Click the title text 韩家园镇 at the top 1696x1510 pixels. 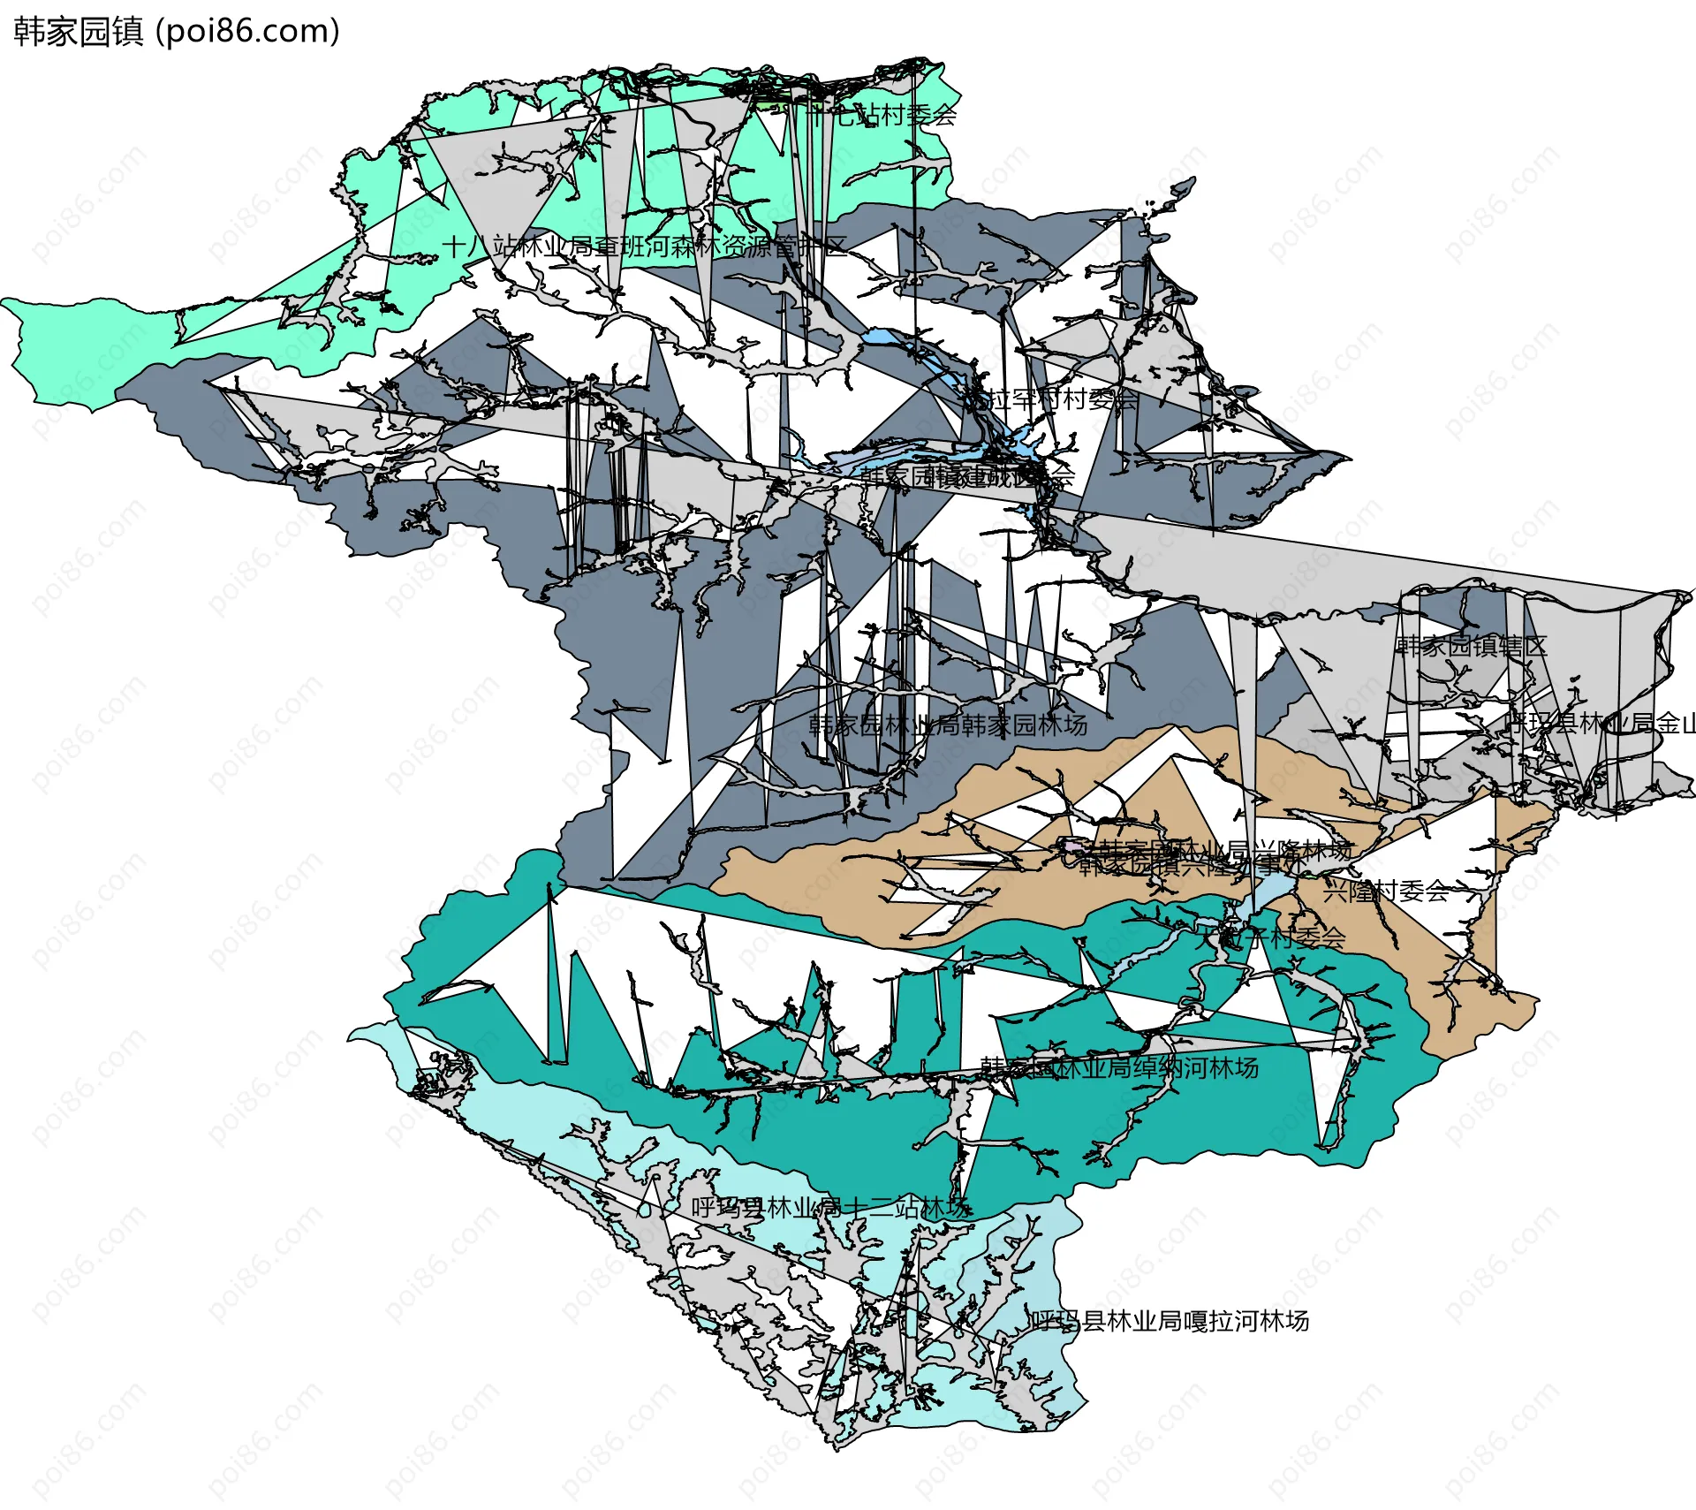coord(78,32)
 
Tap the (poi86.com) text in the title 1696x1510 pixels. coord(247,32)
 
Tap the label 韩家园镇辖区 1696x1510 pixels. coord(1471,646)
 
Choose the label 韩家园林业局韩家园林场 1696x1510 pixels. coord(948,725)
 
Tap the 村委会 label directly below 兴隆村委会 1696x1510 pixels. coord(1272,938)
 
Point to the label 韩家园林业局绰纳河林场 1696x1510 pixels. coord(1119,1067)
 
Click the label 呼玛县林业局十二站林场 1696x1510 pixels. coord(830,1208)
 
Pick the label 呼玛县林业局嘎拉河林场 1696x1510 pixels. coord(1168,1321)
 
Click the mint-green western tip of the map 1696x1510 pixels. coord(53,353)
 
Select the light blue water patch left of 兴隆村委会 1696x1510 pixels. coord(1272,888)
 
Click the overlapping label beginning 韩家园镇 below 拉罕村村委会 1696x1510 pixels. coord(967,477)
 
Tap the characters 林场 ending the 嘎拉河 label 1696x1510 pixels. coord(1285,1321)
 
